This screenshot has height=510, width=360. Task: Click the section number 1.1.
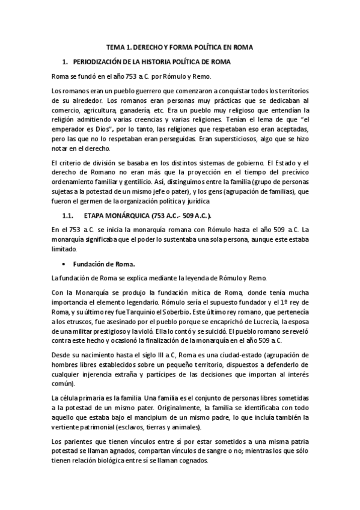pyautogui.click(x=65, y=215)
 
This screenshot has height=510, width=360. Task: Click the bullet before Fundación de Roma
pyautogui.click(x=63, y=263)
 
